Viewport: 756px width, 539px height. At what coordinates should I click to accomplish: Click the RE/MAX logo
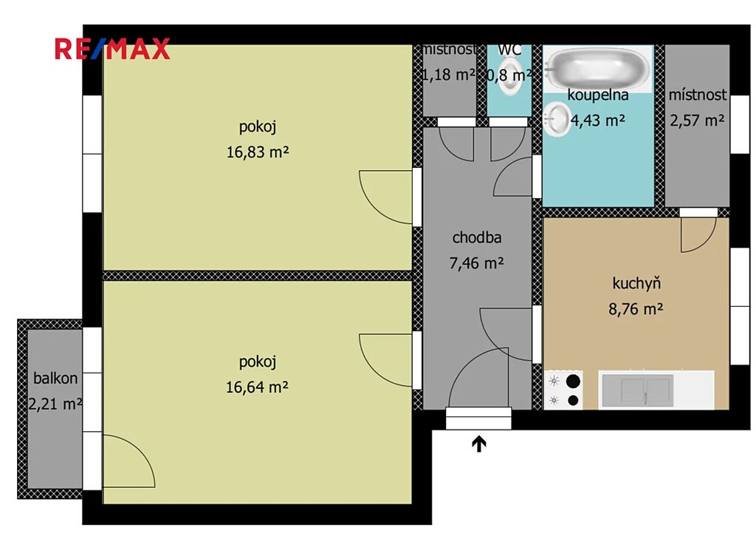[112, 49]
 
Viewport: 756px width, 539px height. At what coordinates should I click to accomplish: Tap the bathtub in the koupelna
[598, 68]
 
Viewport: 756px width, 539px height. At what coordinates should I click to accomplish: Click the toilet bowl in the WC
[509, 76]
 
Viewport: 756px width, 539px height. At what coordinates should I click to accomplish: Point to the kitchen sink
[636, 390]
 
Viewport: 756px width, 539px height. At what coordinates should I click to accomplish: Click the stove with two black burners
[563, 390]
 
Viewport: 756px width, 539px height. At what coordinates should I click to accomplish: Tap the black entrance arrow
[478, 444]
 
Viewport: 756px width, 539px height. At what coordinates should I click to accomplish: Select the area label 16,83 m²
[258, 152]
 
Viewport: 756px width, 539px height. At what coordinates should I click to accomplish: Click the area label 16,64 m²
[258, 387]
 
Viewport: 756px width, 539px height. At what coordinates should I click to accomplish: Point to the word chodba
[477, 237]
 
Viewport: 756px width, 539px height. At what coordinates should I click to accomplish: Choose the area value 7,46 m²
[477, 263]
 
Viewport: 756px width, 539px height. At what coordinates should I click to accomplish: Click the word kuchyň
[636, 283]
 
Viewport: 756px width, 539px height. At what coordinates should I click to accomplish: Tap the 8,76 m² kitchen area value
[636, 308]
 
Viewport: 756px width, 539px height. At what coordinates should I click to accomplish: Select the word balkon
[55, 378]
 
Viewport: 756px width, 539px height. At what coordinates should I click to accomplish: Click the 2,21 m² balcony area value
[55, 404]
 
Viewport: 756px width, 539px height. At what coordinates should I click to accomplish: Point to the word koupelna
[598, 95]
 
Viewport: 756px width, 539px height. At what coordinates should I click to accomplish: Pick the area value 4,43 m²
[598, 121]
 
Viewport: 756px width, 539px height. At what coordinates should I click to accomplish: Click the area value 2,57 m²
[697, 121]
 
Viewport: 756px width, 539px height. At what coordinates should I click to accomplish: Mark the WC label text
[509, 50]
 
